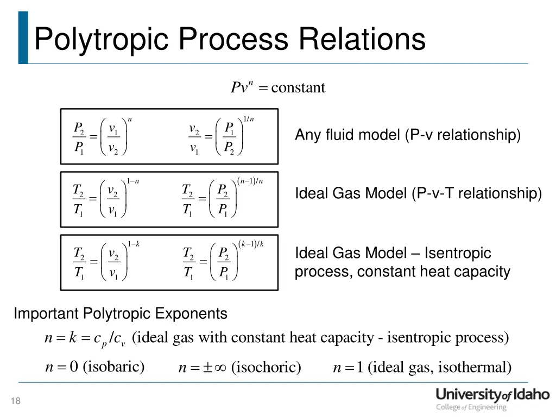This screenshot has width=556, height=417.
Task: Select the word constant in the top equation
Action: (298, 87)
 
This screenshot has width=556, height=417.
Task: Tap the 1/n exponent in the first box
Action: (248, 119)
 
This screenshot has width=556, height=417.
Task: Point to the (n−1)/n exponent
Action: (251, 181)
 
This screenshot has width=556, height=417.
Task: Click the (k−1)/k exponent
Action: (251, 243)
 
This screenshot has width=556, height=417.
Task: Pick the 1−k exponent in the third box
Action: (133, 243)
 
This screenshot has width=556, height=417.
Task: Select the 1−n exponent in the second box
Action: (133, 181)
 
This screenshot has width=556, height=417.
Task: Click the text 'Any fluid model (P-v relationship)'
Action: (407, 135)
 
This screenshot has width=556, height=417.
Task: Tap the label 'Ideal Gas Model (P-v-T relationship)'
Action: (418, 193)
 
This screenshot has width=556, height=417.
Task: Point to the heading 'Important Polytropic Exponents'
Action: (121, 314)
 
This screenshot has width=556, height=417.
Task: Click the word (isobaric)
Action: (113, 367)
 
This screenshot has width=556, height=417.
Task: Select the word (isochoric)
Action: (266, 368)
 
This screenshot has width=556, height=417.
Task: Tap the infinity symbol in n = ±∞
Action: (219, 368)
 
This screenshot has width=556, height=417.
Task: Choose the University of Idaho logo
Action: (492, 399)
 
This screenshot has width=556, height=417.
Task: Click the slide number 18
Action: (15, 401)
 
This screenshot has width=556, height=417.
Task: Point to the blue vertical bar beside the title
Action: (23, 37)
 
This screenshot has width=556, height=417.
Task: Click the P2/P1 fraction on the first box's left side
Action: (79, 138)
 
